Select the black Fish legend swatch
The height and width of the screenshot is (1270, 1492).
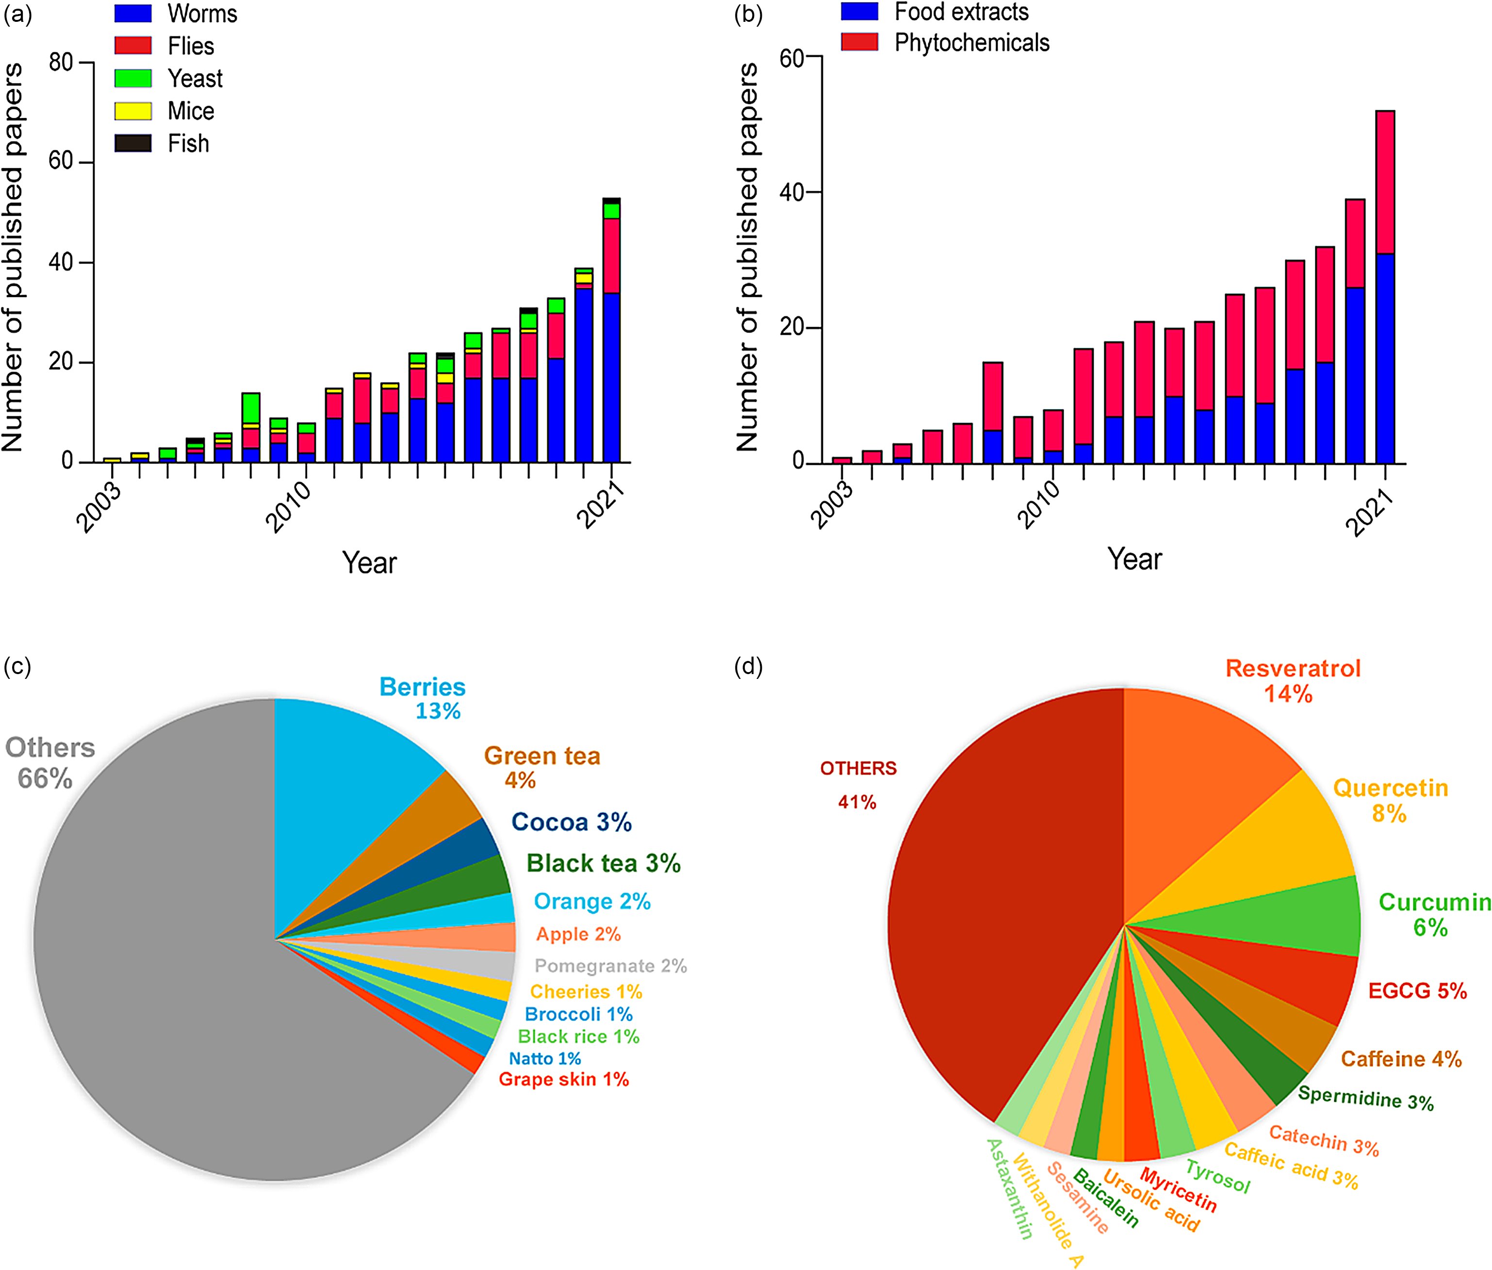133,143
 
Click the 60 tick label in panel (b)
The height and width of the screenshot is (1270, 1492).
792,58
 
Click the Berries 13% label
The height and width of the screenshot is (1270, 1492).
423,698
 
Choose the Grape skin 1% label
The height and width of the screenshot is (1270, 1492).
563,1079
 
